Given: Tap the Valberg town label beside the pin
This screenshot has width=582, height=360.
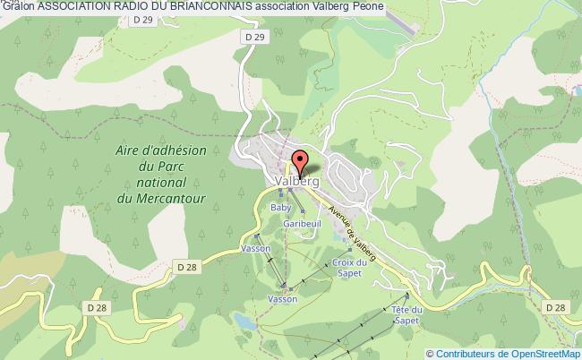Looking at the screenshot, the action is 294,181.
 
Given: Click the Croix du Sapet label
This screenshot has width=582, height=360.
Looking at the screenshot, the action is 350,267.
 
